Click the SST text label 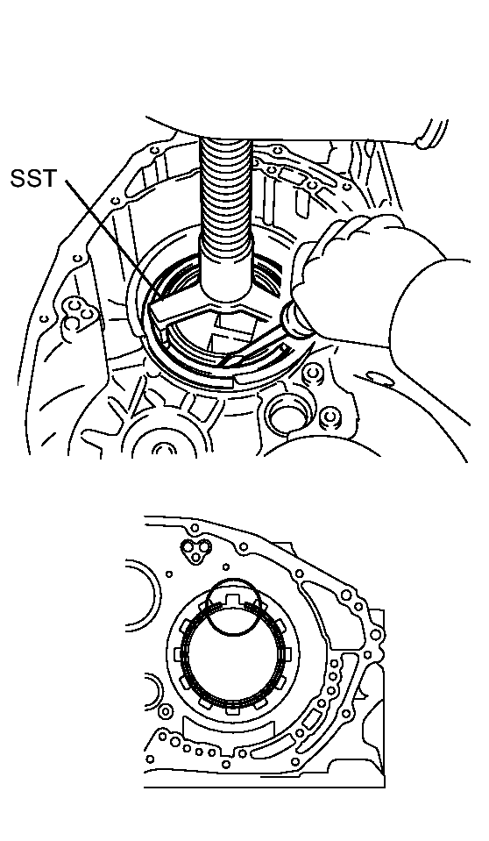pos(33,179)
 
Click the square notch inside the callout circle pos(233,598)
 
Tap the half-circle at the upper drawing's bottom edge pos(161,447)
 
